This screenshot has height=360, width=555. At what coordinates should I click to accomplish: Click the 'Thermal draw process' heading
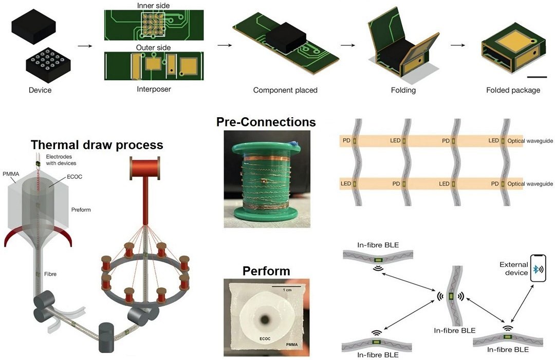[97, 145]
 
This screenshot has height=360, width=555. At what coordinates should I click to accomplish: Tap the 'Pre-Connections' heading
[266, 122]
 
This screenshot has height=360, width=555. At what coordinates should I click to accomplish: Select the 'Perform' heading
[266, 271]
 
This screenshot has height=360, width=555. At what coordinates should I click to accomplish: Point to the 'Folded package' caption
[512, 90]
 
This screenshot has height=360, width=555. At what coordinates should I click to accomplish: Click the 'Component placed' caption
[285, 90]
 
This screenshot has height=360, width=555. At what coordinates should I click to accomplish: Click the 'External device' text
[513, 268]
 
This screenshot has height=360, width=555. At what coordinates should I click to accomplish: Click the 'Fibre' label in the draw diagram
[50, 274]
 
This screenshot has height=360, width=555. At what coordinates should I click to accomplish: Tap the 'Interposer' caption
[154, 88]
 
